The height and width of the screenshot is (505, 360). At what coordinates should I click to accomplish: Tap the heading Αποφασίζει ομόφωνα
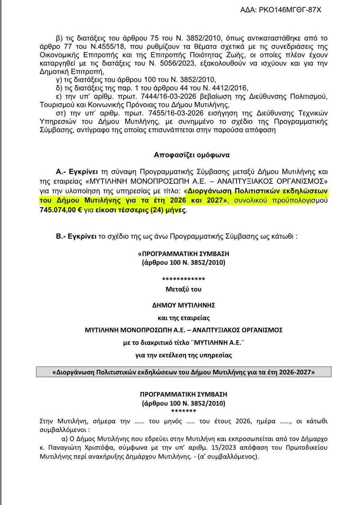click(x=192, y=155)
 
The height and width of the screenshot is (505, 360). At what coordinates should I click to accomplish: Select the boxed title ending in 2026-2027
click(x=184, y=372)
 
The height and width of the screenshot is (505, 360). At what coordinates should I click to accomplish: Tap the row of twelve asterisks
click(x=184, y=279)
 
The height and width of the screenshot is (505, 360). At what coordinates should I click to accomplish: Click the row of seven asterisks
click(x=184, y=411)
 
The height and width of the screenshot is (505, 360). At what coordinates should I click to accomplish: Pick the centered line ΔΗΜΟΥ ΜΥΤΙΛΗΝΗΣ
click(x=184, y=305)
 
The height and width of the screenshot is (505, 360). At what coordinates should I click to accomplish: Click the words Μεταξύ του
click(x=184, y=289)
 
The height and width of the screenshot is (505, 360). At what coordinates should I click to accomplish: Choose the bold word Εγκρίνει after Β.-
click(x=83, y=237)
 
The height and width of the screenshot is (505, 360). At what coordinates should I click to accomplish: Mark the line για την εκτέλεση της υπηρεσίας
click(x=184, y=355)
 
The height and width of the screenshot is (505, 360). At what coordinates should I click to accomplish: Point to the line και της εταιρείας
click(x=184, y=318)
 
